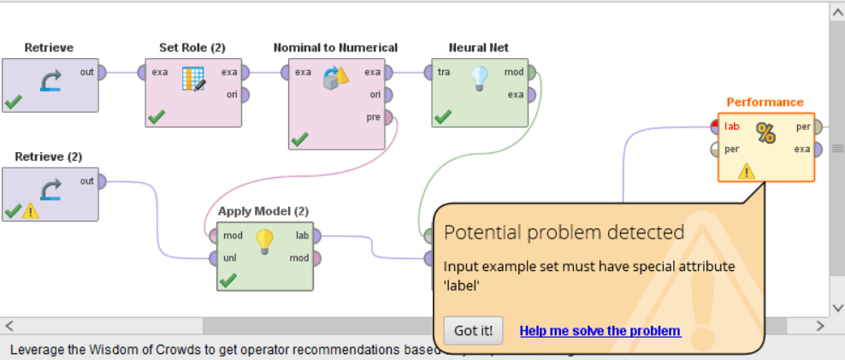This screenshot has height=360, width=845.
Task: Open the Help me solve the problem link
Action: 600,331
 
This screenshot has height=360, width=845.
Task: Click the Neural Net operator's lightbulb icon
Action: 480,80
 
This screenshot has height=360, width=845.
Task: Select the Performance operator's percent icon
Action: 765,133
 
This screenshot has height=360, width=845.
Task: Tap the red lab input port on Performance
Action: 715,127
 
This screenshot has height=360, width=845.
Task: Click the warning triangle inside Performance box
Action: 747,171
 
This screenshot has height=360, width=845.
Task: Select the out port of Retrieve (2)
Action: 101,181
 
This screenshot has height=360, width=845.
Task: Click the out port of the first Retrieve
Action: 101,73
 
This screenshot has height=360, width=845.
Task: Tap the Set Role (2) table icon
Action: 194,80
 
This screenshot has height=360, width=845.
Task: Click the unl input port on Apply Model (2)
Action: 211,257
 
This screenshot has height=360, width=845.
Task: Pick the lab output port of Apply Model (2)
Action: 316,235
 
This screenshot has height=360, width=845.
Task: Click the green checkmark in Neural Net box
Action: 442,116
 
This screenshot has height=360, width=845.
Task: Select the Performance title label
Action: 765,102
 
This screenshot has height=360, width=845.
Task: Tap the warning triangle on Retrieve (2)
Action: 31,210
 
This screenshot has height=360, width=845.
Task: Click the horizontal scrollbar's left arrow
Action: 9,326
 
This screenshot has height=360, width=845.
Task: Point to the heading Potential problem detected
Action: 564,233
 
